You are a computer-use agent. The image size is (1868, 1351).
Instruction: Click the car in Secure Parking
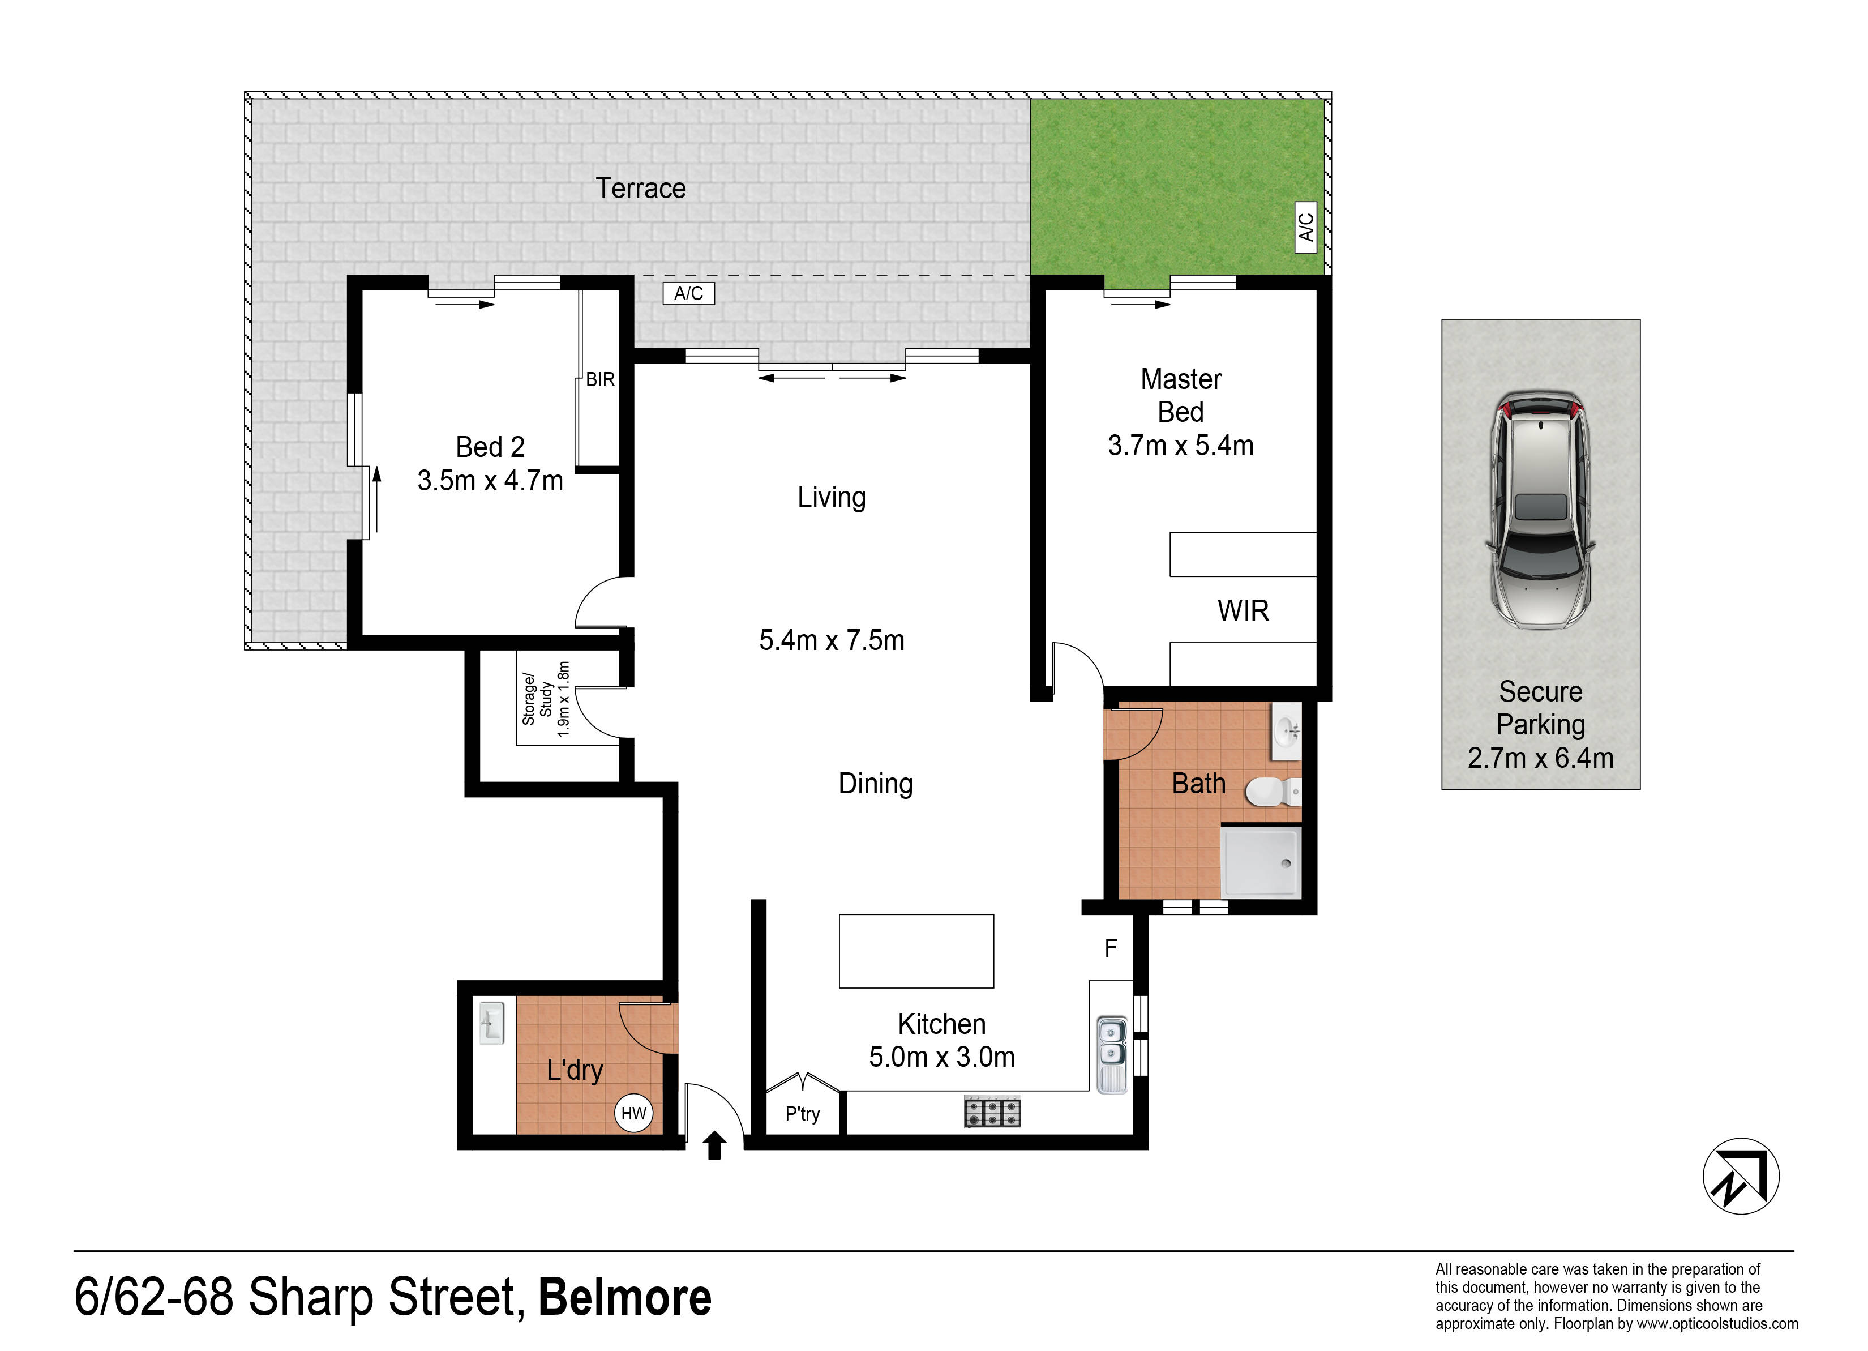pyautogui.click(x=1540, y=511)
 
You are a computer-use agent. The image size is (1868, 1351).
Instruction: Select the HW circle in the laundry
pyautogui.click(x=633, y=1114)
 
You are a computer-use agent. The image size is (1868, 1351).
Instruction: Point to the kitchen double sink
pyautogui.click(x=1112, y=1054)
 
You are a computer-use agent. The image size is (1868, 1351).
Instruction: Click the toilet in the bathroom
pyautogui.click(x=1273, y=793)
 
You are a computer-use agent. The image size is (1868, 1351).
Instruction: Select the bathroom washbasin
pyautogui.click(x=1287, y=730)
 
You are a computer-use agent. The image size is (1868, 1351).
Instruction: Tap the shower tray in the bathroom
pyautogui.click(x=1260, y=862)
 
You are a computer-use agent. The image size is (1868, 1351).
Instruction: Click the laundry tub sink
pyautogui.click(x=492, y=1023)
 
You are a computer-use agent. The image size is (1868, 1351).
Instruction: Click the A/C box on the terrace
pyautogui.click(x=688, y=293)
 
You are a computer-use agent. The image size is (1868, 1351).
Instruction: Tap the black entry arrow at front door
pyautogui.click(x=714, y=1145)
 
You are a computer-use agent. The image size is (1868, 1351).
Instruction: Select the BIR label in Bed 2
pyautogui.click(x=601, y=380)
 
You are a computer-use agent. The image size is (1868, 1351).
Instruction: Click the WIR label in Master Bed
pyautogui.click(x=1243, y=610)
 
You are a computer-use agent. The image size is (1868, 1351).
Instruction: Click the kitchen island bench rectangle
pyautogui.click(x=916, y=951)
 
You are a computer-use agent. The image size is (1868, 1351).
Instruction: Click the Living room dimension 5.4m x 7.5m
pyautogui.click(x=832, y=640)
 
